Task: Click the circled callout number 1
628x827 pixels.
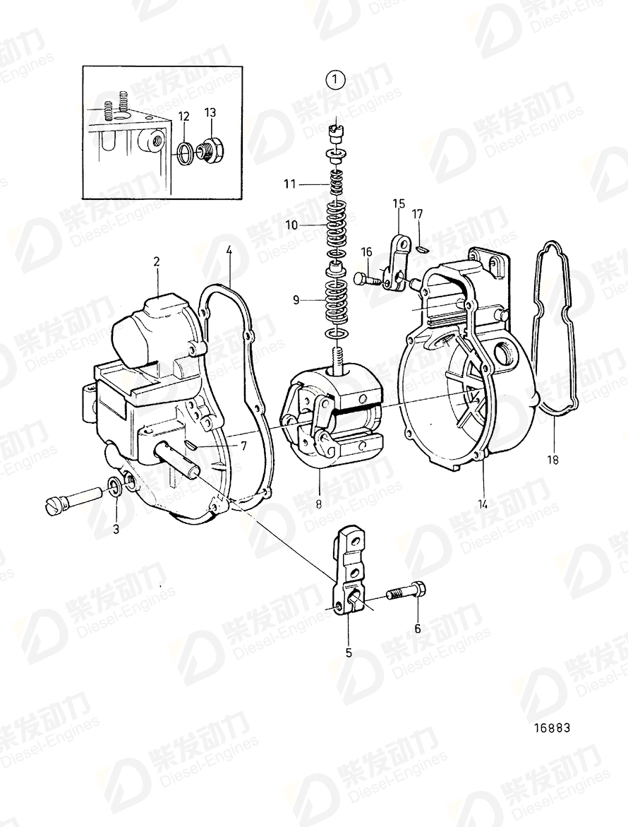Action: [336, 81]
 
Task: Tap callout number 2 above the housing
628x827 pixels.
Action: [157, 261]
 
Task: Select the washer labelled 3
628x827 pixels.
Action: [114, 485]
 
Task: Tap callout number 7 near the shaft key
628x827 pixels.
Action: [243, 446]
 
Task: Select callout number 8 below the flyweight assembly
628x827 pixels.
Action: [319, 503]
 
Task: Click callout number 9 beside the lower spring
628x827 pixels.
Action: [296, 300]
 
